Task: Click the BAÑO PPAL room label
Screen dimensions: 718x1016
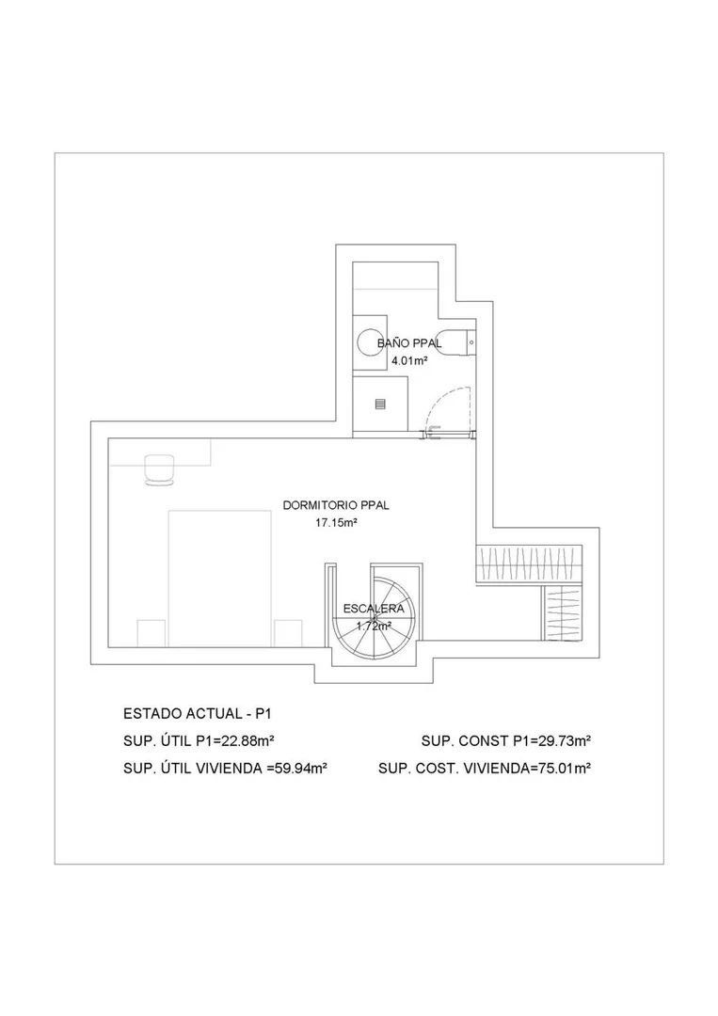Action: coord(409,343)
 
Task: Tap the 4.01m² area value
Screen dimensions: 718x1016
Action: coord(409,361)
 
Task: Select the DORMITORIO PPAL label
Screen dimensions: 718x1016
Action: coord(336,505)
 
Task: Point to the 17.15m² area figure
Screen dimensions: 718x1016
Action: coord(337,522)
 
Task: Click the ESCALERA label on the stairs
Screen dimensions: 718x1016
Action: coord(374,609)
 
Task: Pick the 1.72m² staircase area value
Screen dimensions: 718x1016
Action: coord(374,626)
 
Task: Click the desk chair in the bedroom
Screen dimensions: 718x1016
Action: coord(159,469)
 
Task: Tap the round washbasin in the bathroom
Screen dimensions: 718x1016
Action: coord(372,342)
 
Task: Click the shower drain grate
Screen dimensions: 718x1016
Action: coord(380,405)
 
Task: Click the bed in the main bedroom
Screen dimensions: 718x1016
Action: coord(219,578)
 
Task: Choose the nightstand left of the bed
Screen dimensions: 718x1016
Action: coord(152,633)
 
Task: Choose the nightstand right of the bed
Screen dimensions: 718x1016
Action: coord(288,633)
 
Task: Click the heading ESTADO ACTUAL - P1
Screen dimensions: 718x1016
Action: coord(197,714)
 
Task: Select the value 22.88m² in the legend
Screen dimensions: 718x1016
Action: coord(249,741)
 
